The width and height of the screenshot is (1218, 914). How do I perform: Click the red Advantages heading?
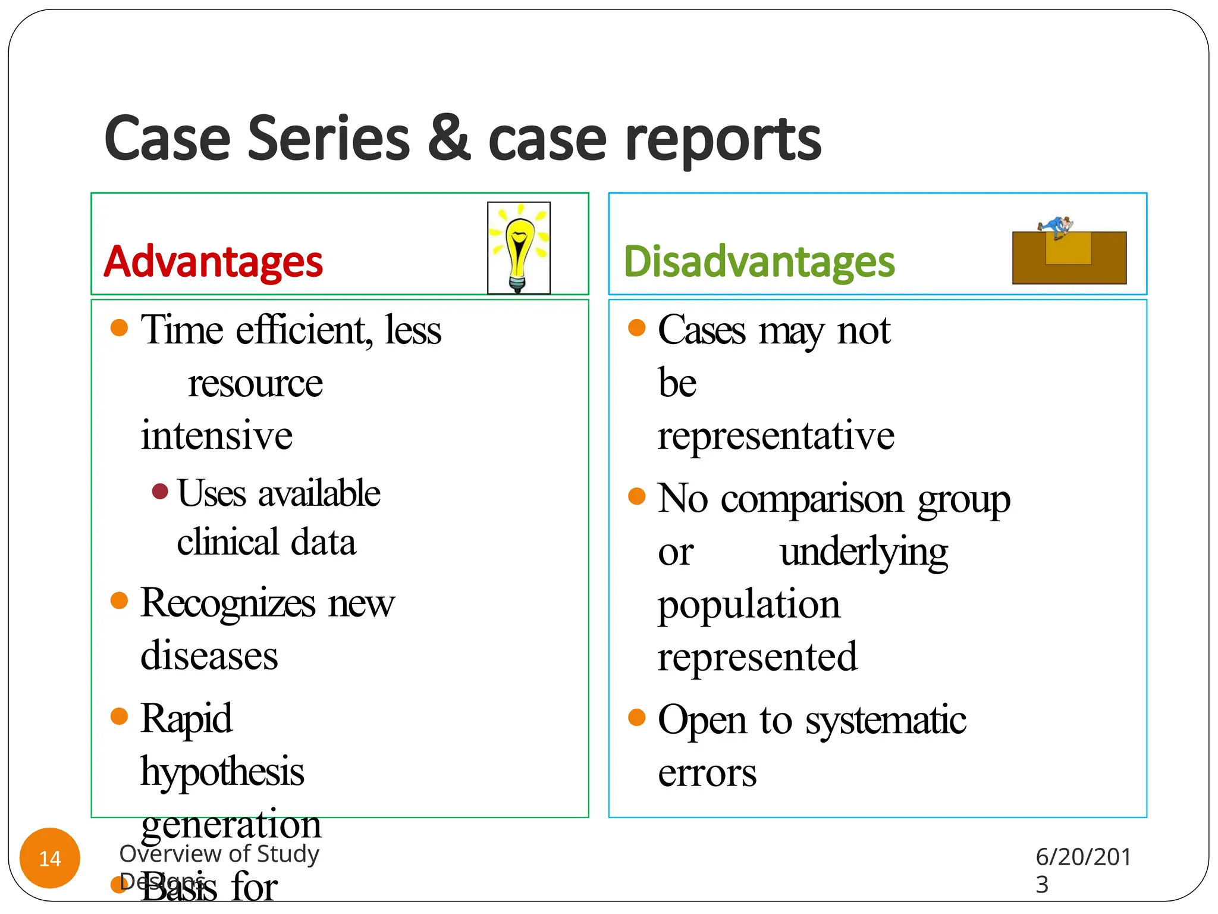click(x=213, y=262)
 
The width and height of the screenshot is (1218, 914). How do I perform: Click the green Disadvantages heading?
click(x=759, y=262)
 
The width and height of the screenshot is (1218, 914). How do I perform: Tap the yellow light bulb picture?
click(x=519, y=248)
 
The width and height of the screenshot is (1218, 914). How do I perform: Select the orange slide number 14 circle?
click(x=50, y=858)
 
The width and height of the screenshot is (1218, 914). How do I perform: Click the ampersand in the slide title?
click(x=449, y=138)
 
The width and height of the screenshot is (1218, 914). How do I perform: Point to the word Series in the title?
click(x=328, y=138)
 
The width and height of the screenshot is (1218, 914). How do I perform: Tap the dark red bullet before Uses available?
click(x=159, y=492)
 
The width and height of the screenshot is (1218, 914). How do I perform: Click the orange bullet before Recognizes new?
click(x=120, y=600)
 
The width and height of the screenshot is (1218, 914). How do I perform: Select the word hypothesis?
click(x=222, y=772)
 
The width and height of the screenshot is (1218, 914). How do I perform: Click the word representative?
click(x=776, y=436)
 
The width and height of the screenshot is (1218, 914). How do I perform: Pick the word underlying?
click(x=864, y=553)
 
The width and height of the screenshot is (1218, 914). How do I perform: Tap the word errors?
click(x=707, y=774)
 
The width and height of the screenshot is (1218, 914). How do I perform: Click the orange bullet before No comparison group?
click(x=637, y=496)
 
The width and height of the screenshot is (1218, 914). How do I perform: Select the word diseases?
click(x=209, y=656)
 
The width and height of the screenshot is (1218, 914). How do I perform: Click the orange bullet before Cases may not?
click(x=637, y=328)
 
